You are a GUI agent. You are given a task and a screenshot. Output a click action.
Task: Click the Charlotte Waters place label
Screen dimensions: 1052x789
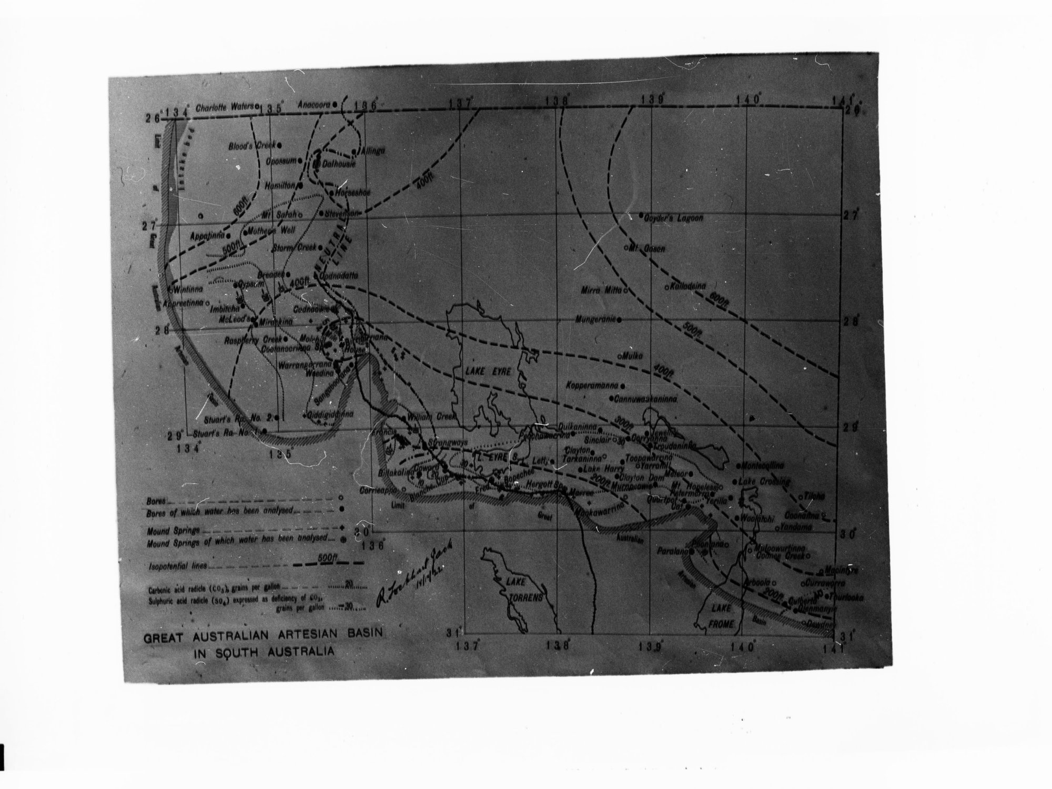tap(225, 107)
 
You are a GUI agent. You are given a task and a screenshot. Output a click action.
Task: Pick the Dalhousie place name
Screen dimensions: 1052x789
tap(339, 165)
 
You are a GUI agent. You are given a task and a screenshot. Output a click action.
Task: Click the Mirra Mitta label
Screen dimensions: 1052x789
tap(602, 290)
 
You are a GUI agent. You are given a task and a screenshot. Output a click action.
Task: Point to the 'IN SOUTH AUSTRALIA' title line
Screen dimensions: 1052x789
tap(265, 651)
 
